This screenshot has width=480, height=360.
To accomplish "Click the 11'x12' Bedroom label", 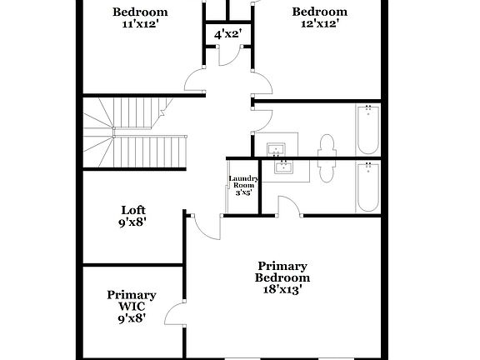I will (x=140, y=18).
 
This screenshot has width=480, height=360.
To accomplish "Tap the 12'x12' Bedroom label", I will (x=319, y=18).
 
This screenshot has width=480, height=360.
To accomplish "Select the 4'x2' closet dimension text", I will (x=227, y=35).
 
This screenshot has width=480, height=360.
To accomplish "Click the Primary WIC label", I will (x=132, y=305).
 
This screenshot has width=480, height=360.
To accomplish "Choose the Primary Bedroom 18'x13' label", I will (x=282, y=277).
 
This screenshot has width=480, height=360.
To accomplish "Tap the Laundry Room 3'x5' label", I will (x=243, y=185).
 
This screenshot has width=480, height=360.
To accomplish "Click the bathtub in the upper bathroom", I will (x=367, y=129).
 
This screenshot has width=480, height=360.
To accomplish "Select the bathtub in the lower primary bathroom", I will (x=367, y=187).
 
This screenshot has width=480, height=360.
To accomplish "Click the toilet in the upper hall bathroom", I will (x=327, y=146).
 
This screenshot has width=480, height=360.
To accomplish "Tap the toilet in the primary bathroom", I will (x=327, y=171).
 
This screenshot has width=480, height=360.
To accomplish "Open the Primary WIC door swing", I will (x=175, y=315).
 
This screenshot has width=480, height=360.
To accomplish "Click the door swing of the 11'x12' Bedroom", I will (x=195, y=81).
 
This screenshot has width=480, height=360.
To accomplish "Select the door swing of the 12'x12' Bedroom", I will (x=262, y=83).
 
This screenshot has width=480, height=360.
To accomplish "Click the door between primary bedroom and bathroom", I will (x=289, y=207).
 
